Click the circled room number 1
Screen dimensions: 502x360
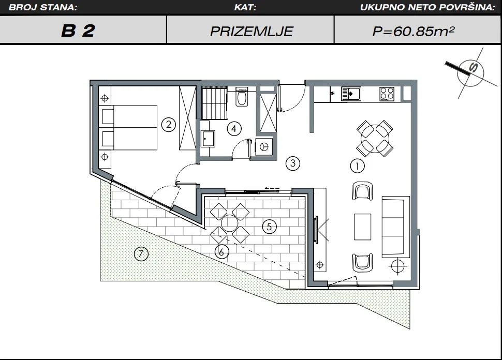[357, 166]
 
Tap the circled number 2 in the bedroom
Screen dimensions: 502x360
[169, 124]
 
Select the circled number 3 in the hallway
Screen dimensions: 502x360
[292, 163]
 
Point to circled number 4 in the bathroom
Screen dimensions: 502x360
[234, 129]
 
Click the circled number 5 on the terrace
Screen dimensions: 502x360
[269, 227]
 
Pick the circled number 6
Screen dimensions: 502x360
[222, 252]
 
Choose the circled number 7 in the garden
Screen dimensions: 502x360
[141, 254]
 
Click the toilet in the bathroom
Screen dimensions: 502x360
[241, 96]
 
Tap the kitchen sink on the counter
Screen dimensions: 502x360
[351, 94]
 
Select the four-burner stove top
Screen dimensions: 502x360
[387, 94]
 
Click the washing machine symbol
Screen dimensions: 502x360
[264, 147]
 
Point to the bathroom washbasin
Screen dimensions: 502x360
[208, 138]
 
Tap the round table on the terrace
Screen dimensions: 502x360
[229, 223]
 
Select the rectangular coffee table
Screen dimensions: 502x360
[362, 227]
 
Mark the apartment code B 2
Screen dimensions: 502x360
[78, 31]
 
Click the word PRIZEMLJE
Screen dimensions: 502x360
[252, 32]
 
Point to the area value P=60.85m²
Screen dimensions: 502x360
[414, 31]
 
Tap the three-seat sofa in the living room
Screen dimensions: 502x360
[396, 227]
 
